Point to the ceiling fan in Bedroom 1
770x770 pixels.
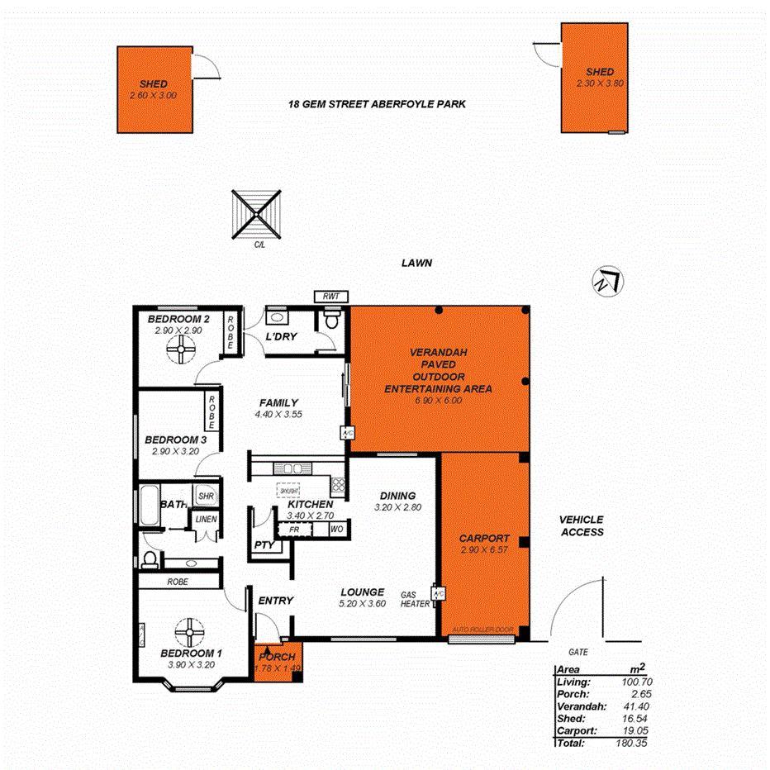pyautogui.click(x=190, y=634)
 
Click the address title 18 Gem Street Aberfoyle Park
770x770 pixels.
pyautogui.click(x=378, y=105)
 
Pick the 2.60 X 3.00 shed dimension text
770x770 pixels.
pyautogui.click(x=154, y=96)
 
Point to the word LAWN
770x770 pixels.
pyautogui.click(x=417, y=264)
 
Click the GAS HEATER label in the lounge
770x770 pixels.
pyautogui.click(x=415, y=599)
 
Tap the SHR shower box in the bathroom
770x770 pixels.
pyautogui.click(x=206, y=496)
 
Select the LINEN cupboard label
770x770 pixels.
pyautogui.click(x=205, y=519)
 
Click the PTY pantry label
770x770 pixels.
pyautogui.click(x=264, y=544)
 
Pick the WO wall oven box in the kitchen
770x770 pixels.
pyautogui.click(x=336, y=529)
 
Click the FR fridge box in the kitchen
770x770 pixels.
pyautogui.click(x=294, y=529)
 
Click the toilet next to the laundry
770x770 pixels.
pyautogui.click(x=331, y=320)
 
